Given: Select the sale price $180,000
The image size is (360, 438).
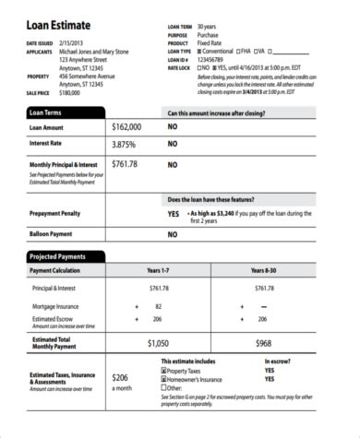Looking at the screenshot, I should point(69,93).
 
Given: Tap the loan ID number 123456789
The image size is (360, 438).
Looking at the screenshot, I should point(214,60).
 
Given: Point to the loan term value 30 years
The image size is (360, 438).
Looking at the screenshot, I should point(210,27).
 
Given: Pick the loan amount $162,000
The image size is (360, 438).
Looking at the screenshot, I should point(126,127).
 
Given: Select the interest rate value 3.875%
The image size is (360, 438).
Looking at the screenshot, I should point(124,145).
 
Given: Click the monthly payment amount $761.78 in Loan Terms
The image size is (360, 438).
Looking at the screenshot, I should point(125,164).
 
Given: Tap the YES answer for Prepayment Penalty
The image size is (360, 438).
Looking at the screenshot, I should point(174,213).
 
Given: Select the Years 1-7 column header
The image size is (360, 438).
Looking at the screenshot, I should point(159,271).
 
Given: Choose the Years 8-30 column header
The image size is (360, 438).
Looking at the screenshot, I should point(264,271).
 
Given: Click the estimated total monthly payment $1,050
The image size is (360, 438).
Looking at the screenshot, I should point(158,342).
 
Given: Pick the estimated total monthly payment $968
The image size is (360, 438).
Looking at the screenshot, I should point(263,342).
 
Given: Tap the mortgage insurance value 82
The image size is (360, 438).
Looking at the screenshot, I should point(159,305).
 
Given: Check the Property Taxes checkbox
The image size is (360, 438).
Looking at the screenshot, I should point(163,370).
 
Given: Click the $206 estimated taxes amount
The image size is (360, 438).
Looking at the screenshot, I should point(120,377).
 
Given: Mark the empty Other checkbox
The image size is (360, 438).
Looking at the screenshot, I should point(163,386).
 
